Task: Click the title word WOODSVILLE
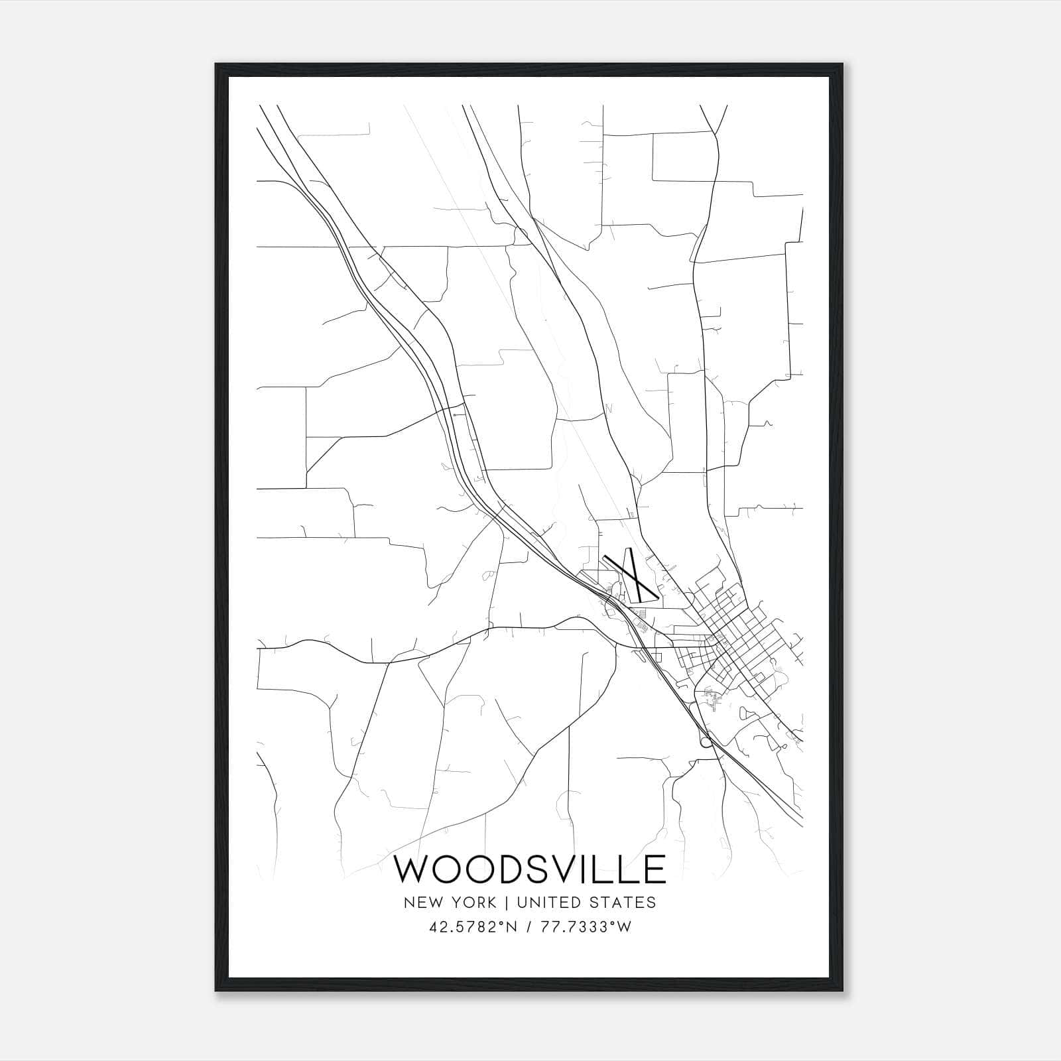pyautogui.click(x=530, y=869)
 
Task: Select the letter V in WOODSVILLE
pyautogui.click(x=563, y=869)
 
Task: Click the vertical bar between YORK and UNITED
pyautogui.click(x=507, y=903)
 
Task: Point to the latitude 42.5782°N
pyautogui.click(x=473, y=928)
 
